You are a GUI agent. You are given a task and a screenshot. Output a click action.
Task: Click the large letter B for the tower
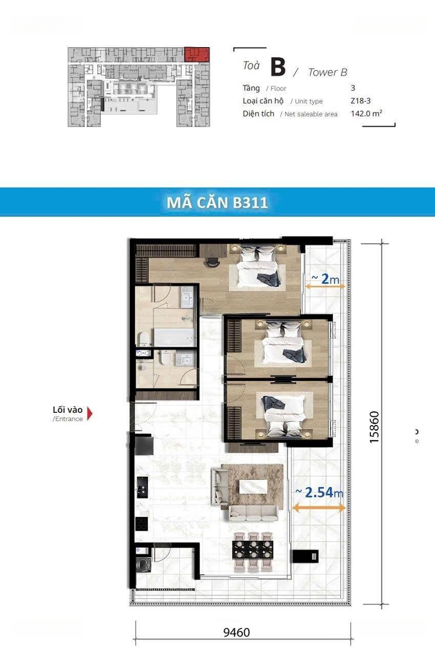tap(278, 66)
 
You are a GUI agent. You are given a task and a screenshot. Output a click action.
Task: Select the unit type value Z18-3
tap(361, 101)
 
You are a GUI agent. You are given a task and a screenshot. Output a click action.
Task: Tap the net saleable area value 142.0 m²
tap(366, 113)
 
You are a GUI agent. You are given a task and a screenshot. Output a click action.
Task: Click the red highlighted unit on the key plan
tap(197, 54)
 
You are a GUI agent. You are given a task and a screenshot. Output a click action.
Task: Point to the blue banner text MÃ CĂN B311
tap(217, 202)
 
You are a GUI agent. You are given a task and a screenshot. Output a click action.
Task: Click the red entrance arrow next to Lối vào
tap(89, 414)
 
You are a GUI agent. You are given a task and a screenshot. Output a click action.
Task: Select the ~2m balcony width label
tap(325, 278)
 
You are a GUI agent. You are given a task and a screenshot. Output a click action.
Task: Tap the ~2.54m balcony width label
tap(319, 493)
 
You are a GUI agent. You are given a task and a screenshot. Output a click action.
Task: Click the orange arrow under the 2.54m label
tap(319, 507)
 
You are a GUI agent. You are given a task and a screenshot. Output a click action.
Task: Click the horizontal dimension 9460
tap(236, 633)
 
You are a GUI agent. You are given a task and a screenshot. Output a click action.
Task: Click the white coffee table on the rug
tap(253, 487)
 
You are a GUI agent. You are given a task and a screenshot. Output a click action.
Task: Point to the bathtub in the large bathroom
tap(175, 337)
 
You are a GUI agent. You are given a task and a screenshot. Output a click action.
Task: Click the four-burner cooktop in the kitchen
tap(142, 523)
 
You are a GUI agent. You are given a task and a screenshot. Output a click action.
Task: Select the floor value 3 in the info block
tap(353, 88)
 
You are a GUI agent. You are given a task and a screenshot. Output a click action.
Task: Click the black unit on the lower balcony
tap(306, 556)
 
